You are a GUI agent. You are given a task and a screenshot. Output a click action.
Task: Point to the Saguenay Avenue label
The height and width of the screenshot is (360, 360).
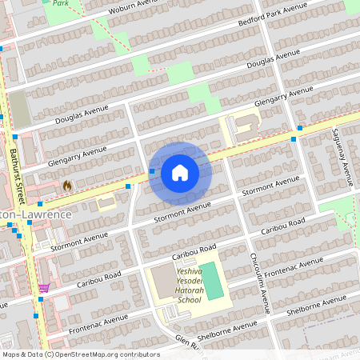[342, 156]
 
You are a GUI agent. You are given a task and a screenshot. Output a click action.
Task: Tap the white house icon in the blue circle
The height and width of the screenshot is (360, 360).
[180, 172]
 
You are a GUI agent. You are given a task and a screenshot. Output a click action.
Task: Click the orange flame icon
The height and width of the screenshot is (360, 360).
[67, 185]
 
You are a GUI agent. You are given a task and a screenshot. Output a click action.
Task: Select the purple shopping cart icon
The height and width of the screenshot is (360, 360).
[44, 288]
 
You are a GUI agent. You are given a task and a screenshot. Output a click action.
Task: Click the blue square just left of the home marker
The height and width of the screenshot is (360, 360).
[152, 170]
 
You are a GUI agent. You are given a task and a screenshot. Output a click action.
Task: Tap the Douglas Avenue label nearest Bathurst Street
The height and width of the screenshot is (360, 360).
[81, 113]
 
